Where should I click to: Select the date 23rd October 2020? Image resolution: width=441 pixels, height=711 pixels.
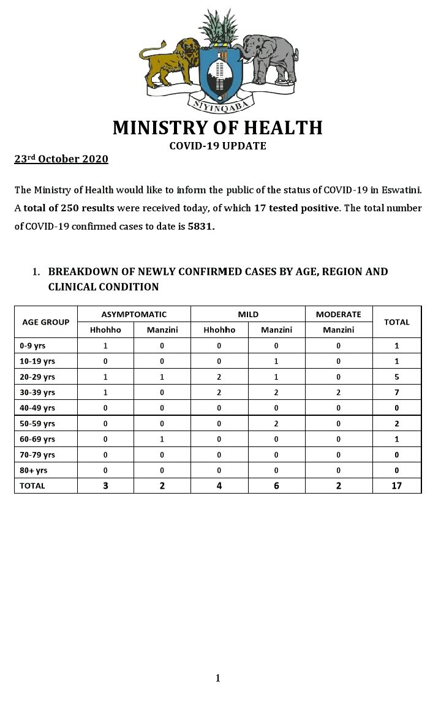(61, 159)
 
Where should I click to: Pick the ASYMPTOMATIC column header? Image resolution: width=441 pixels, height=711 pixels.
(134, 314)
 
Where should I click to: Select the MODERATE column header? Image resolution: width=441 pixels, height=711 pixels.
(339, 314)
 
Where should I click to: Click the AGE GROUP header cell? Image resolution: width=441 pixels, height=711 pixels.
(46, 322)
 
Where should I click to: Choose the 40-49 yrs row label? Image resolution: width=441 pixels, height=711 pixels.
(37, 408)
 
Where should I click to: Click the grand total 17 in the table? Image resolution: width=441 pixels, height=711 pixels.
(397, 486)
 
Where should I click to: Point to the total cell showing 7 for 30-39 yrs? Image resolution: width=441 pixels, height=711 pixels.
(397, 392)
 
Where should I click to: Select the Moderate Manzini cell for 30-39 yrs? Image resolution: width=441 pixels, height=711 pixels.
(339, 392)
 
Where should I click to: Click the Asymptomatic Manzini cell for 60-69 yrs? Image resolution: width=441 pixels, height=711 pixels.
(162, 439)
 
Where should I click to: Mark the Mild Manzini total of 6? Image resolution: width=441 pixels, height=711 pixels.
(276, 486)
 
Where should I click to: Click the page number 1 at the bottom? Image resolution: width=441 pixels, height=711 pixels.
(217, 678)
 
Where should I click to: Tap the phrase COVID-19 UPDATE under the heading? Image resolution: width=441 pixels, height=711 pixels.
(217, 146)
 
